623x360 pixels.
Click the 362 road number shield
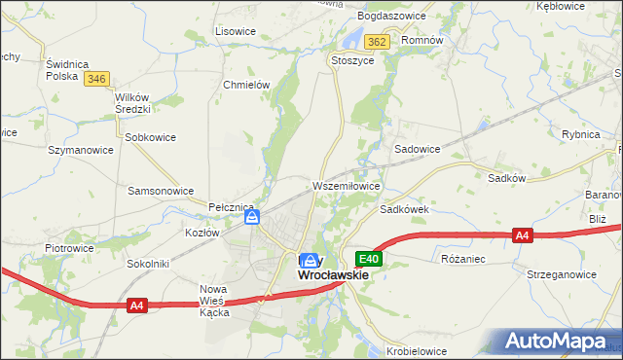[378, 41]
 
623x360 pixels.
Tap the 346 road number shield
[95, 79]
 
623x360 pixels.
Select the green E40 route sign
[368, 259]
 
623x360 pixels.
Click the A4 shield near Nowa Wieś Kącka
[136, 306]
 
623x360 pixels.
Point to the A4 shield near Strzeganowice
[523, 235]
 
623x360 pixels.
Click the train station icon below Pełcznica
[252, 219]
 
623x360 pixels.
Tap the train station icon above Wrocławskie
[310, 260]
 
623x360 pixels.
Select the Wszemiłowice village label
[346, 185]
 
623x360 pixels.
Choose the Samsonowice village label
[161, 191]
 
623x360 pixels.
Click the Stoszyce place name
[352, 59]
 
